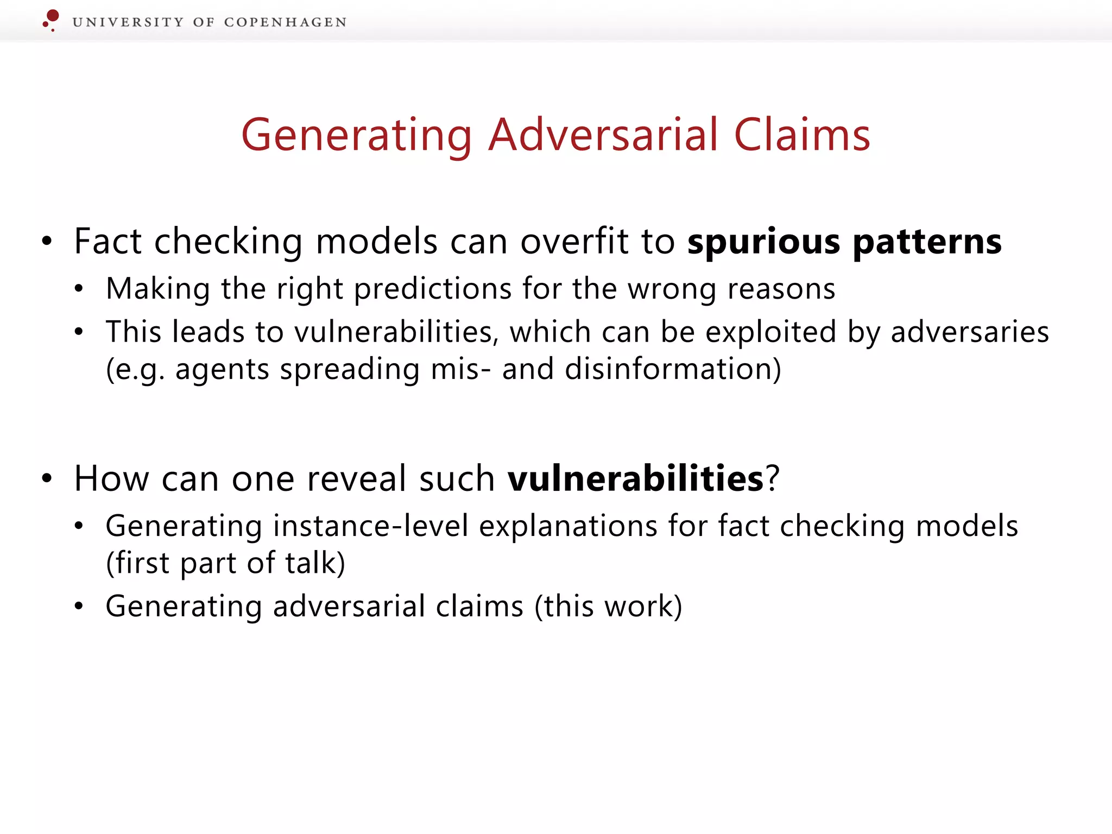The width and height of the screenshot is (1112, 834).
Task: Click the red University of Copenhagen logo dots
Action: [x=51, y=20]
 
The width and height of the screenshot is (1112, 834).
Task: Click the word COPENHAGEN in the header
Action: [x=285, y=22]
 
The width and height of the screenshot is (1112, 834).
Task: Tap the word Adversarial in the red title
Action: [x=603, y=135]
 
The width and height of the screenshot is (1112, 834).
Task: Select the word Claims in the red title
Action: [x=802, y=135]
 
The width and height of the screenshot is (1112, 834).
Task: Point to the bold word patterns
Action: [x=927, y=242]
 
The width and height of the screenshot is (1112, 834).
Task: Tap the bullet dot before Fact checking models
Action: [x=47, y=241]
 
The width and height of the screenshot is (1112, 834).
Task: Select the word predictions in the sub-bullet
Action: [x=433, y=289]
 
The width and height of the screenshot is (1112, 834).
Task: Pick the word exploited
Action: [x=770, y=332]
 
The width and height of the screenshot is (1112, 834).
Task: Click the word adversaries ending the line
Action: [x=970, y=332]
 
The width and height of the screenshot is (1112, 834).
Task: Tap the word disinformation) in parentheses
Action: [x=673, y=370]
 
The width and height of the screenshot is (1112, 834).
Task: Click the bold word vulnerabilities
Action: [x=636, y=478]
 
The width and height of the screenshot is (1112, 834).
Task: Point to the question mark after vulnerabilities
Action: [x=773, y=478]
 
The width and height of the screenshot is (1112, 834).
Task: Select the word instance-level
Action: [x=370, y=526]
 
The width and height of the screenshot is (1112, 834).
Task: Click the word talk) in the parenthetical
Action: [x=315, y=563]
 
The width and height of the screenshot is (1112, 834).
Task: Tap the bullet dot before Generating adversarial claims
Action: [x=79, y=606]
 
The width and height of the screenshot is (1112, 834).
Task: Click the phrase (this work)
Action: [x=608, y=606]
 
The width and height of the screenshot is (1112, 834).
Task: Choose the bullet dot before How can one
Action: [x=47, y=478]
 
